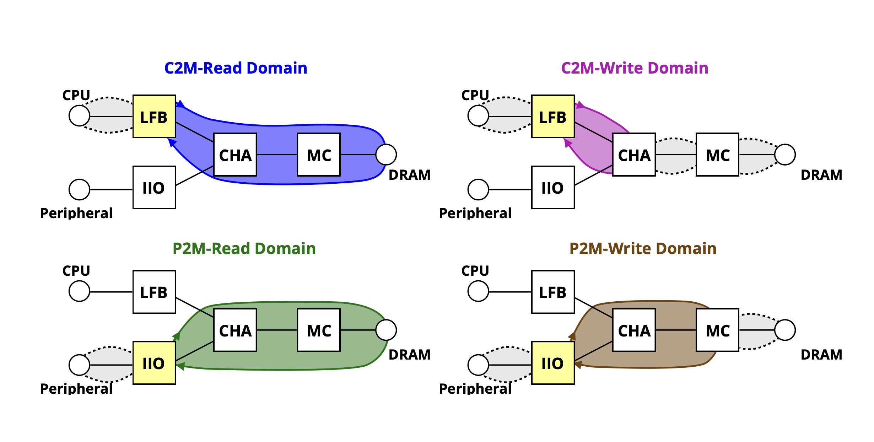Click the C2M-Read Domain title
[236, 68]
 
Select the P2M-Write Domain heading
[643, 248]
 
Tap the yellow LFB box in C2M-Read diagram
[154, 117]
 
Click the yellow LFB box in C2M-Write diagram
[553, 117]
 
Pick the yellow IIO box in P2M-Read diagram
[154, 363]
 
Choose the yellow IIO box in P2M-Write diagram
[553, 363]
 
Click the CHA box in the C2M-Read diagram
[235, 155]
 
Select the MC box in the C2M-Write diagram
[717, 155]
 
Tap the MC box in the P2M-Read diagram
[319, 330]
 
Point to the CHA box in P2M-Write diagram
[634, 330]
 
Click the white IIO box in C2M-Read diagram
[154, 187]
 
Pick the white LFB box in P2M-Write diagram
[553, 292]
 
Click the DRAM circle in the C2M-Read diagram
[386, 155]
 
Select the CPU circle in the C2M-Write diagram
[478, 115]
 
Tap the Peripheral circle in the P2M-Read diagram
[79, 365]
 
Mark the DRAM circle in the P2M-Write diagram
[785, 330]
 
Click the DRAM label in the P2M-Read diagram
[409, 355]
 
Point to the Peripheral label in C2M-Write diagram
[475, 213]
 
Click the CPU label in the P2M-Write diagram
[475, 271]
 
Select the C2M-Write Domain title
[635, 68]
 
